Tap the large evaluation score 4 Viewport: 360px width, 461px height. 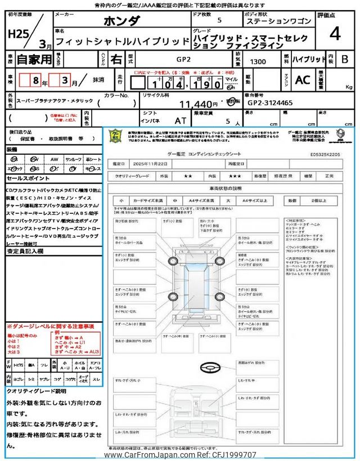click(x=335, y=34)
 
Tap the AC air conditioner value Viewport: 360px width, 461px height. click(x=303, y=80)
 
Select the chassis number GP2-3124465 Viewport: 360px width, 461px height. click(x=270, y=104)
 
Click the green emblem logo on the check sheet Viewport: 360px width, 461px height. click(x=114, y=136)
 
